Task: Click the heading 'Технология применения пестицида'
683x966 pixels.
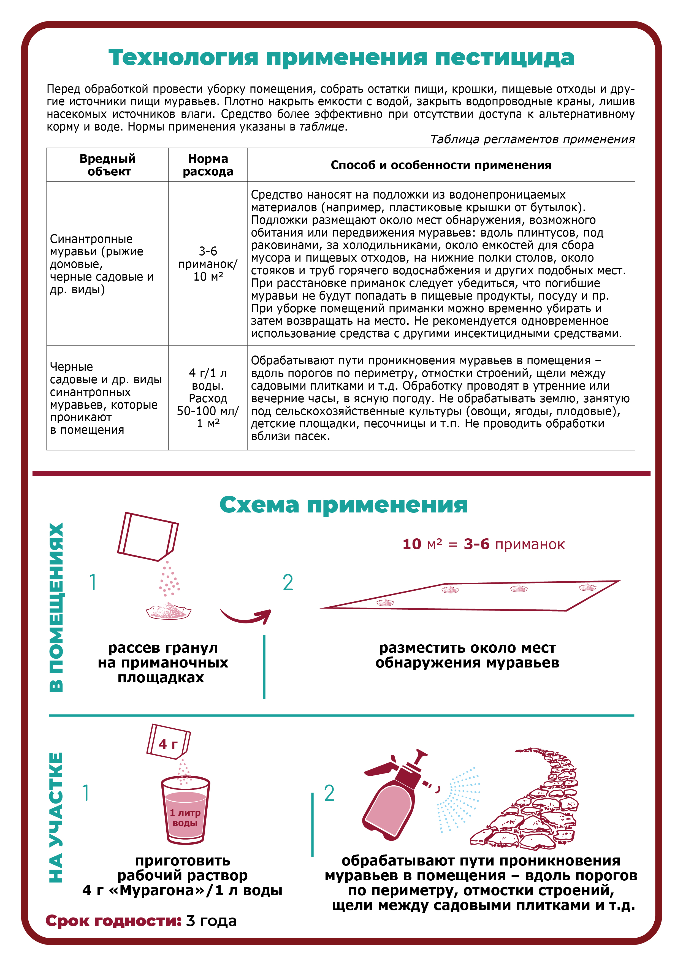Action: click(x=341, y=57)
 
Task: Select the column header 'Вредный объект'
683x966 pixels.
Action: click(x=108, y=165)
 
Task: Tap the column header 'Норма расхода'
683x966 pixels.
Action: click(x=208, y=165)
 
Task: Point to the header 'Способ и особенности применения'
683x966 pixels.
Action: click(x=441, y=165)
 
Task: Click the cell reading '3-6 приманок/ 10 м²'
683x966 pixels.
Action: click(x=208, y=264)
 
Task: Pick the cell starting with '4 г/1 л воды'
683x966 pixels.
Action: click(x=208, y=398)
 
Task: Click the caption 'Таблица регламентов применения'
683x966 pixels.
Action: click(x=532, y=139)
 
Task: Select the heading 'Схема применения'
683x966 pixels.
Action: click(x=343, y=504)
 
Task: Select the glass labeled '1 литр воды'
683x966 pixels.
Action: click(x=185, y=811)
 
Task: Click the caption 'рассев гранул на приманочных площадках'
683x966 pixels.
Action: click(x=162, y=663)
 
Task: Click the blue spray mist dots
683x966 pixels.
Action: click(x=459, y=799)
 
